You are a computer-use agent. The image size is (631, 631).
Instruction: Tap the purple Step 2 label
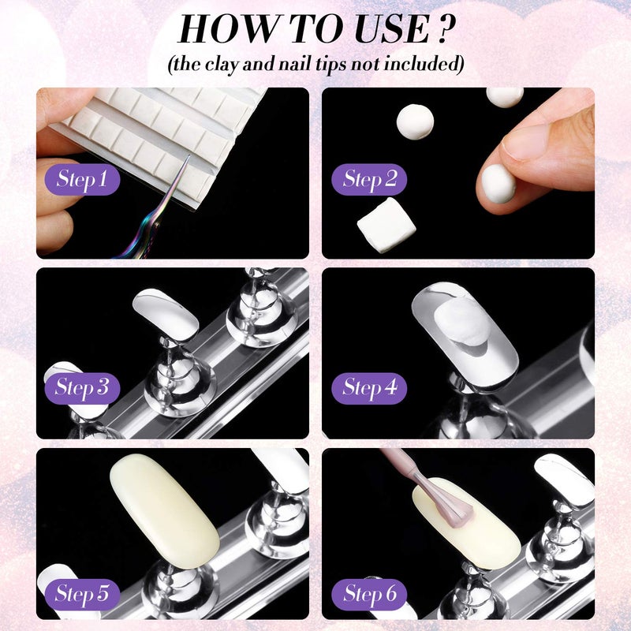[x=369, y=180]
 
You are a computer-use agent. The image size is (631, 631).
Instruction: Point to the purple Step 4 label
[x=369, y=387]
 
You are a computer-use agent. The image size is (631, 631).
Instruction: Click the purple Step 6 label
[x=369, y=592]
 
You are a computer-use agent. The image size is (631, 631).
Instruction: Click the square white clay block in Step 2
[x=386, y=224]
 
